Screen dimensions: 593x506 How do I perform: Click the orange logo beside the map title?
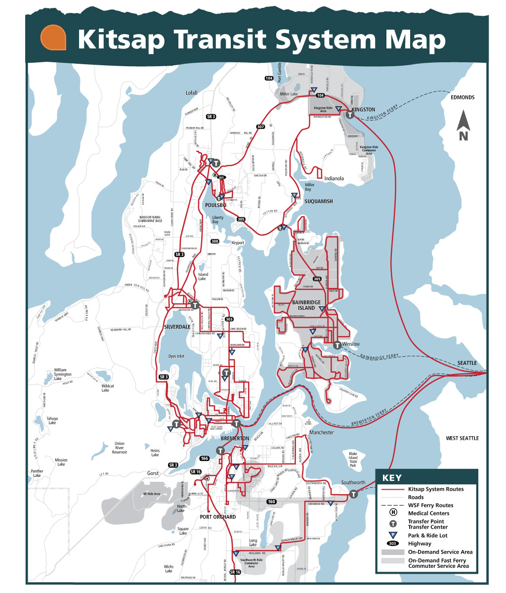(x=54, y=38)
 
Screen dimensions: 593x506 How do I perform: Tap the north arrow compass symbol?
(x=463, y=126)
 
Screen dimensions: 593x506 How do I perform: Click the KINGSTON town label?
(x=363, y=109)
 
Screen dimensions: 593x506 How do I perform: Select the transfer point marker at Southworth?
(x=354, y=494)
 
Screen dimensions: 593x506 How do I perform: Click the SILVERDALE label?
(x=177, y=327)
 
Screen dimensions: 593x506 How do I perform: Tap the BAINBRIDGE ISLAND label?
(x=306, y=305)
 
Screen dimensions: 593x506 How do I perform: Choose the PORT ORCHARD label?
(x=218, y=517)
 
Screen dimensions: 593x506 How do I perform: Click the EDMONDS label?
(x=462, y=97)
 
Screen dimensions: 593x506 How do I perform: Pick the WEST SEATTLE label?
(x=462, y=438)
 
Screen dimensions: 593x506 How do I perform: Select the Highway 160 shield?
(x=271, y=502)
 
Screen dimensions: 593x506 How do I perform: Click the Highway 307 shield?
(x=260, y=127)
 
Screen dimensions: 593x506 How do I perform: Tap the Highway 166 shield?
(x=205, y=459)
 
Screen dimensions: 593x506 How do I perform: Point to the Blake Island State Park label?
(x=353, y=460)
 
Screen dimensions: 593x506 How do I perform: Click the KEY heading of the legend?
(x=392, y=478)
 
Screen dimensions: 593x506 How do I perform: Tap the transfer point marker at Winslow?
(x=337, y=345)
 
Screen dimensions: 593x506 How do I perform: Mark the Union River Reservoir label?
(x=120, y=448)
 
